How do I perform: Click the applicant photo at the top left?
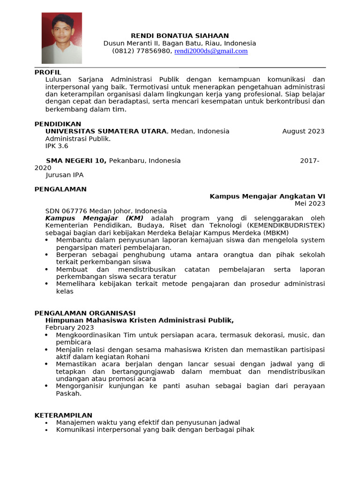click(61, 38)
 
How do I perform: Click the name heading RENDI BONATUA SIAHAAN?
click(180, 36)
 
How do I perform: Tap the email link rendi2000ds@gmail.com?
click(211, 51)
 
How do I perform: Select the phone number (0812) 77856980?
click(142, 51)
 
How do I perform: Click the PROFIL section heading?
click(48, 72)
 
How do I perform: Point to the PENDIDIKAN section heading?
click(58, 124)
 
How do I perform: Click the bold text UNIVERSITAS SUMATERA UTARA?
click(106, 131)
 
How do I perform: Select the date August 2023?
click(303, 131)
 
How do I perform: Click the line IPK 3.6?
click(57, 146)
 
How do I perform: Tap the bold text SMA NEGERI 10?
click(76, 160)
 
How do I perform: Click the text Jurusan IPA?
click(64, 175)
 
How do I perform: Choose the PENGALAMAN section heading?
click(60, 189)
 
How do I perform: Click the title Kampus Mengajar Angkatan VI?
click(267, 196)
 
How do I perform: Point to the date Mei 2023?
click(309, 203)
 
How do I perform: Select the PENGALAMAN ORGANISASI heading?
click(85, 313)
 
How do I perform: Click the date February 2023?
click(69, 327)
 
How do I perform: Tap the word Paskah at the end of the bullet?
click(68, 393)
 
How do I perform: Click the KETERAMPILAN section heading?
click(63, 415)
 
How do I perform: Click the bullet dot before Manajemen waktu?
click(47, 422)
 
